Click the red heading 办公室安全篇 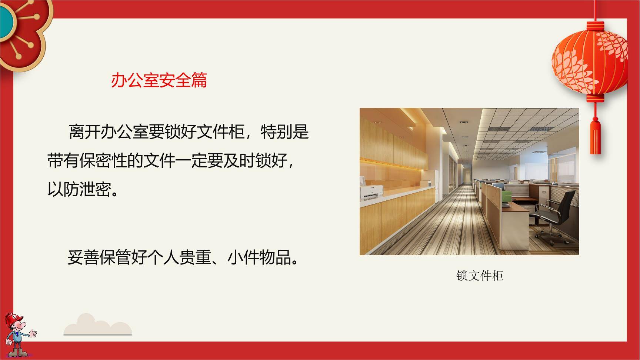point(159,80)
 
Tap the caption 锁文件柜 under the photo point(480,276)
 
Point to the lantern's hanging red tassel point(595,135)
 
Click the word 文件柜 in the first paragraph point(220,132)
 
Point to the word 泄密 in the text point(96,190)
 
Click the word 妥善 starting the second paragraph point(83,257)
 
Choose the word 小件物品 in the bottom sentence point(259,257)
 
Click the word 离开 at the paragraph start point(85,132)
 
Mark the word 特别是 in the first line point(284,132)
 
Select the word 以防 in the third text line point(63,190)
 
